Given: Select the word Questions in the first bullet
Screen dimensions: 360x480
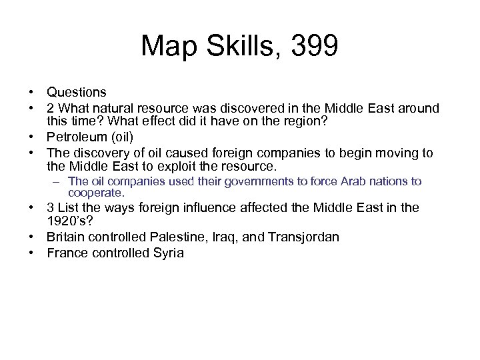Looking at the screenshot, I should point(77,91).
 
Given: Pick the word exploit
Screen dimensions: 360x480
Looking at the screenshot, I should point(191,165).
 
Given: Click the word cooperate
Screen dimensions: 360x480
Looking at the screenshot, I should point(96,193).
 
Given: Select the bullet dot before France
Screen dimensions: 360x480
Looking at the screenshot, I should point(31,253).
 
